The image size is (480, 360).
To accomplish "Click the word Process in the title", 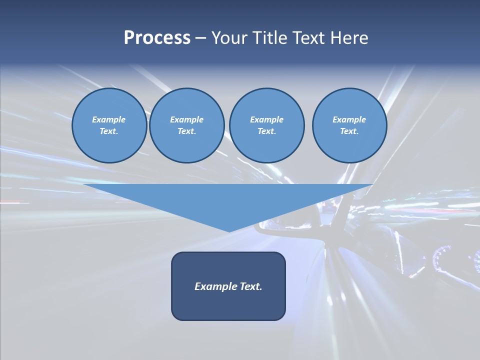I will coord(157,38).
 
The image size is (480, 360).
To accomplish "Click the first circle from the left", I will coord(109,125).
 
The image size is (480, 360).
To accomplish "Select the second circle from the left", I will coord(187,125).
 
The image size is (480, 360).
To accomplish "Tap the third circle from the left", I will coord(266,125).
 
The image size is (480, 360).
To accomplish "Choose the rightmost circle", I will coord(349,125).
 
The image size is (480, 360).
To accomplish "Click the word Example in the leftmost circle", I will coord(109,119).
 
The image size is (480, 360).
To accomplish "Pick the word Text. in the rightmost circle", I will coord(349,131).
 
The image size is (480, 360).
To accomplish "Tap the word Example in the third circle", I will coord(266,119).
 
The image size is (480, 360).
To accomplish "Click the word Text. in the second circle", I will coord(187,131).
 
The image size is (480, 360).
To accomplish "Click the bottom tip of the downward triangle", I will coord(229,230).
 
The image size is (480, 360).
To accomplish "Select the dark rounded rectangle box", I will coord(228,305).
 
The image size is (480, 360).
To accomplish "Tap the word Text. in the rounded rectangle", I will coord(251,286).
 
